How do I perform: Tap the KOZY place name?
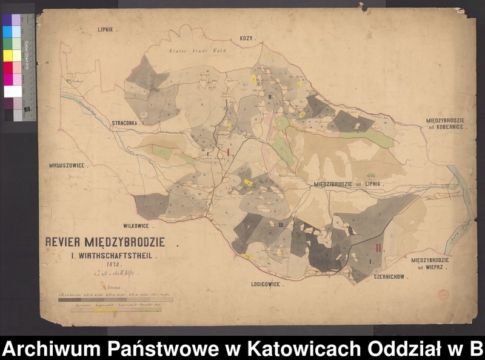pyautogui.click(x=247, y=38)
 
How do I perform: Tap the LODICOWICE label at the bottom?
pyautogui.click(x=270, y=283)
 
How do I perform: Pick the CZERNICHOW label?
pyautogui.click(x=388, y=276)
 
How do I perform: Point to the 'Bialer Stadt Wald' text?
pyautogui.click(x=193, y=52)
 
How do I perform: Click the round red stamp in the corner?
pyautogui.click(x=444, y=295)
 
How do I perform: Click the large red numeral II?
pyautogui.click(x=379, y=248)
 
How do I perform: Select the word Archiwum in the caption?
pyautogui.click(x=49, y=348)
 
